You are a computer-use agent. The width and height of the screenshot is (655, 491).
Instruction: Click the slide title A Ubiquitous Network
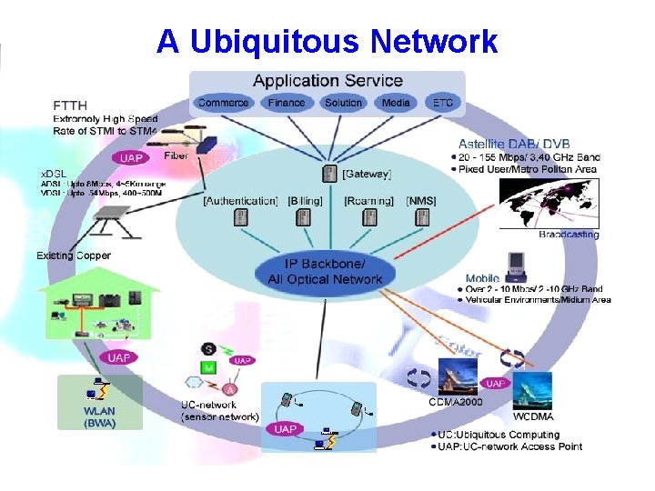coord(327,42)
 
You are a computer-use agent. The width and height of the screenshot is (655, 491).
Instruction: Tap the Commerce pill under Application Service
coord(223,103)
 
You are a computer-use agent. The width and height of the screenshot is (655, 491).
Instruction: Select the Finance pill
coord(287,103)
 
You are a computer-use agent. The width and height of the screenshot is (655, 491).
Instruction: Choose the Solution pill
coord(343,103)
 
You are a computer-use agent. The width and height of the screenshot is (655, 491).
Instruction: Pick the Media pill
coord(396,103)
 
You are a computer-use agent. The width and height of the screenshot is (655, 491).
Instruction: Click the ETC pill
coord(443,103)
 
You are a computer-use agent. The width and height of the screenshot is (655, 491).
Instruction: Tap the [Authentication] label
coord(240,200)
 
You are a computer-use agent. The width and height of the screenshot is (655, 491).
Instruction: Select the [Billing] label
coord(306,200)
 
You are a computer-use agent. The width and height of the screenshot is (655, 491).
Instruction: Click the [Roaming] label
coord(369,200)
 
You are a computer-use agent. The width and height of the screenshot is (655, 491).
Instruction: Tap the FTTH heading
coord(70,105)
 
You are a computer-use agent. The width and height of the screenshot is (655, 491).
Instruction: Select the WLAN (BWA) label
coord(99,416)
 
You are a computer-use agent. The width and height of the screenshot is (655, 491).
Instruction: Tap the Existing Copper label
coord(74,256)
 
